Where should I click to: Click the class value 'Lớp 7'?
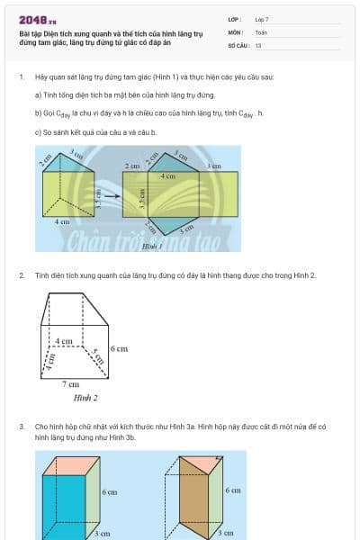pos(262,19)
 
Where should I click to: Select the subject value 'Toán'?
pos(261,31)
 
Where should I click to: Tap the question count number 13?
pos(258,44)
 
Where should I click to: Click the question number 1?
pos(21,77)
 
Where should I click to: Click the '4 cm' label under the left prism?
pos(62,220)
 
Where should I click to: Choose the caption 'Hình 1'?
pos(152,245)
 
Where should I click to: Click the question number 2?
pos(21,275)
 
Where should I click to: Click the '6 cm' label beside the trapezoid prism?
pos(120,348)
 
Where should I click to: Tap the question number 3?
pos(21,426)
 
